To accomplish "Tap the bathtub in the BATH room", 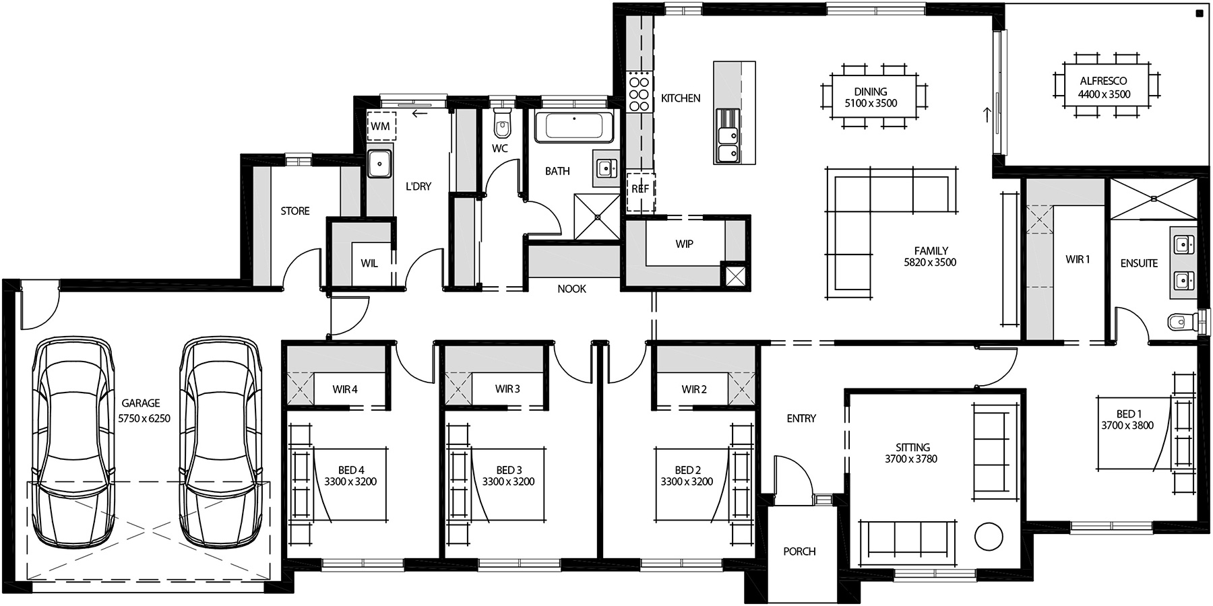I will pyautogui.click(x=573, y=127).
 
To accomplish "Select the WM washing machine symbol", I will pyautogui.click(x=381, y=126).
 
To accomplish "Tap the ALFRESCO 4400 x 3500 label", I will pyautogui.click(x=1104, y=88).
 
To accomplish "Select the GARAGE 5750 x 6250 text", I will pyautogui.click(x=144, y=411).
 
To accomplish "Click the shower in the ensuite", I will pyautogui.click(x=1153, y=199).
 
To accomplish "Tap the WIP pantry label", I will pyautogui.click(x=684, y=244).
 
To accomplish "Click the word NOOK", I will pyautogui.click(x=571, y=289).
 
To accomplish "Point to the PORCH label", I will pyautogui.click(x=799, y=551).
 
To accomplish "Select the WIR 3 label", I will pyautogui.click(x=507, y=389).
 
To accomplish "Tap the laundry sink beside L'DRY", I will pyautogui.click(x=380, y=164).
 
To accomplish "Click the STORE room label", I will pyautogui.click(x=295, y=211).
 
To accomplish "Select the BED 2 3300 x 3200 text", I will pyautogui.click(x=686, y=475).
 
